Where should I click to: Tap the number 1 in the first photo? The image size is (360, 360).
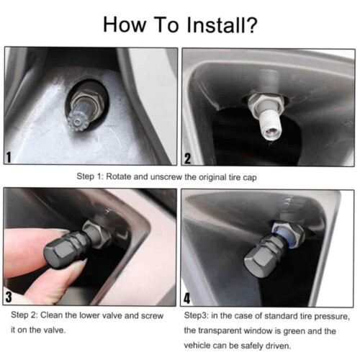(9, 158)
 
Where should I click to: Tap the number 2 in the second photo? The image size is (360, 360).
(187, 158)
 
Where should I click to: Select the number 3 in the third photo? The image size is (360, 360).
(9, 297)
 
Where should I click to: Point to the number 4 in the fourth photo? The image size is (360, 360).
(186, 298)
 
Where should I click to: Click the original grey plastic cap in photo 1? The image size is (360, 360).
(78, 117)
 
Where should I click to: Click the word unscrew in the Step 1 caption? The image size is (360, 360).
(166, 177)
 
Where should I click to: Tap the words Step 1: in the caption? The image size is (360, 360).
(90, 176)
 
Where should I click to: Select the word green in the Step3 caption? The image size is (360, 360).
(294, 331)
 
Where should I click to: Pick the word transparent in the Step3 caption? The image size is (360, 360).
(220, 331)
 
